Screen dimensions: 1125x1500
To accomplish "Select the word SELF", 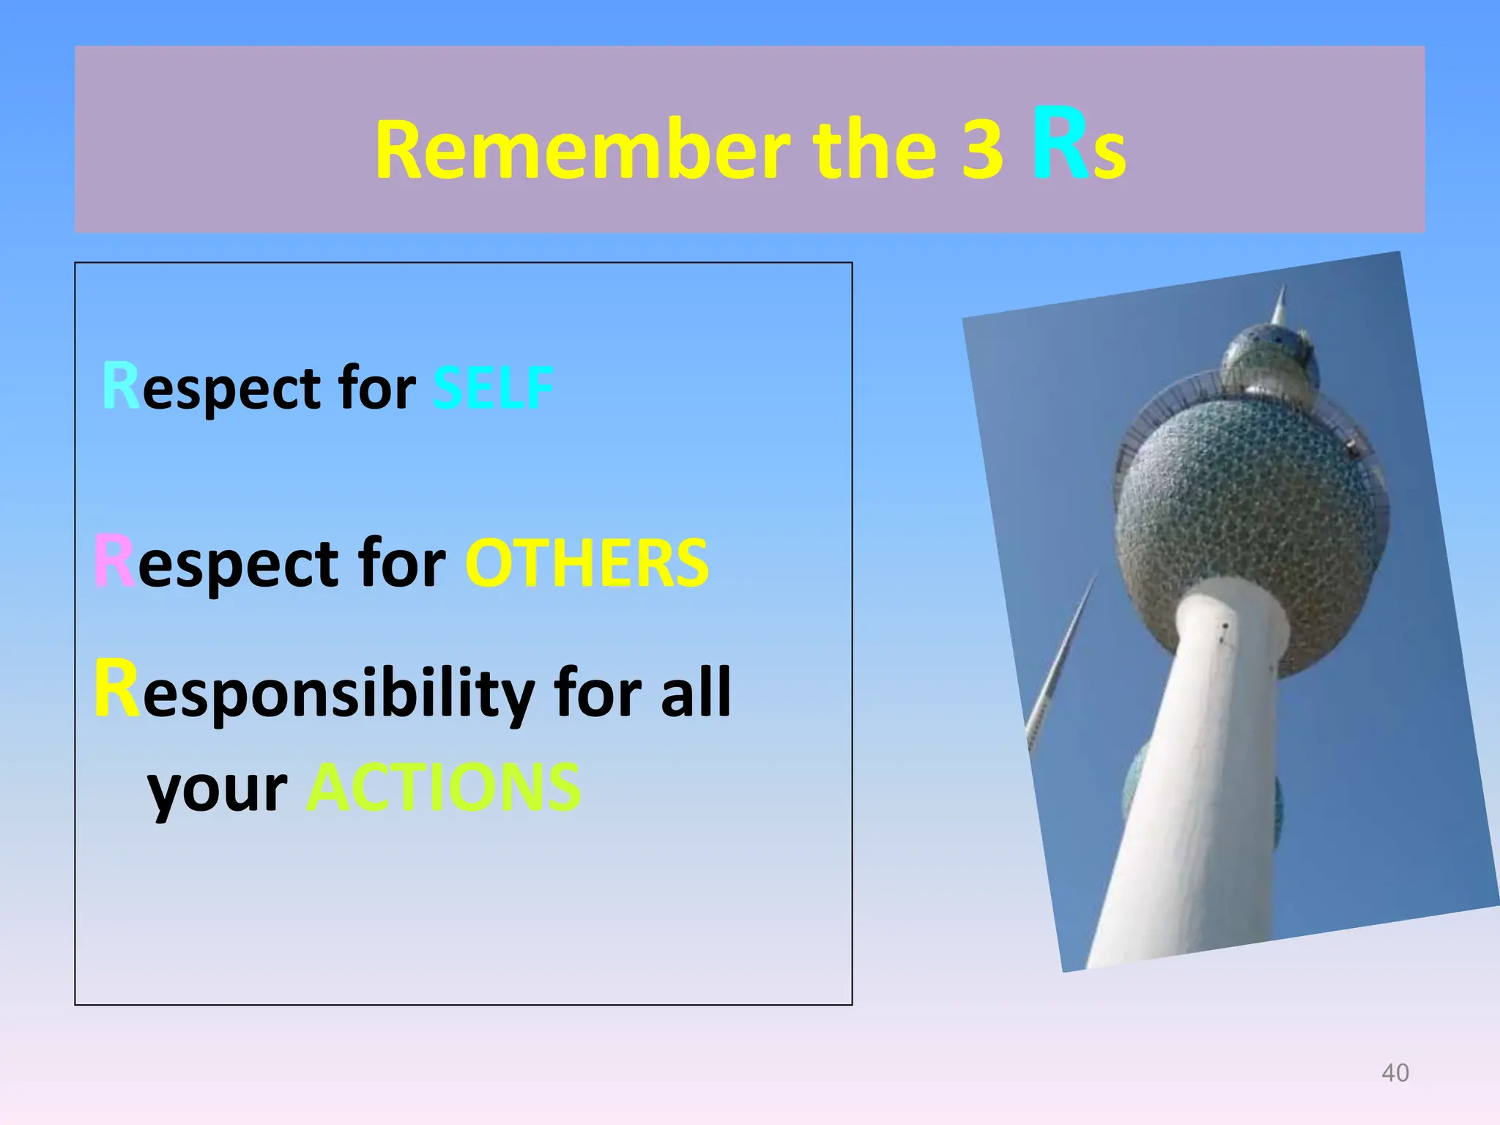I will (x=492, y=388).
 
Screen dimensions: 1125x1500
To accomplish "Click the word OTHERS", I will (x=587, y=564).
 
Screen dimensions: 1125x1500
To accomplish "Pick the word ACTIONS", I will (x=444, y=789).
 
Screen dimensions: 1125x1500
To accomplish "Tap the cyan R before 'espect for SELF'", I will (x=120, y=386).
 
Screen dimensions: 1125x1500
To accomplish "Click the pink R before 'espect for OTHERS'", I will (x=114, y=562).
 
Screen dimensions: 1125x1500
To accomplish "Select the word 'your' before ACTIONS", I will (x=218, y=791).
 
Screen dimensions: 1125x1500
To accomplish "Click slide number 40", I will (x=1395, y=1073).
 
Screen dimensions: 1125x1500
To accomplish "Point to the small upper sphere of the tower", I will (x=1269, y=359).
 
